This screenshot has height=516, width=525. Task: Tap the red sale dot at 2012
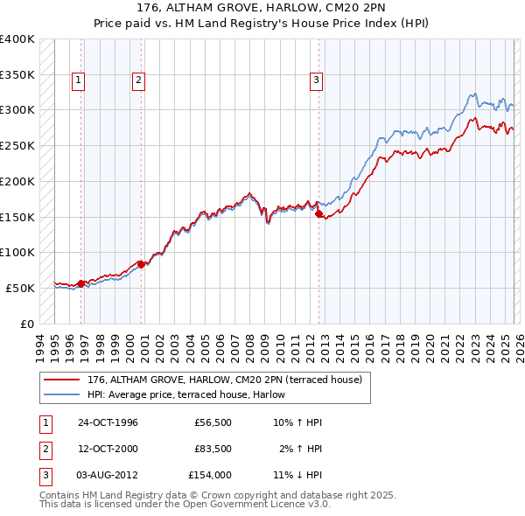click(318, 213)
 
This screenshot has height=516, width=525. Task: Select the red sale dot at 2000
click(141, 263)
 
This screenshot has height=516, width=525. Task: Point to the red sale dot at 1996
click(81, 282)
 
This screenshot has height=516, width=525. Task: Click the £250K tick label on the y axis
click(17, 145)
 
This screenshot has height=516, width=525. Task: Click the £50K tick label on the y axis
click(20, 288)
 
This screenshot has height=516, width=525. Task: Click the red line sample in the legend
click(64, 380)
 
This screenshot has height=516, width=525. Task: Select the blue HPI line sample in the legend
click(64, 394)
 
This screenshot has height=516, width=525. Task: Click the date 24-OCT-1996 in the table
click(108, 422)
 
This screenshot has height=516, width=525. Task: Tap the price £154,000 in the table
click(210, 475)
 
